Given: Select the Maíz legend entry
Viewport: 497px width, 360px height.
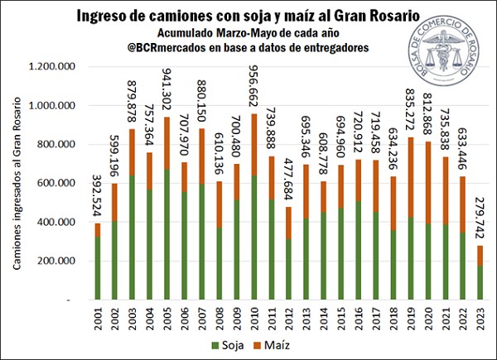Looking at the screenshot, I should [x=287, y=343].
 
